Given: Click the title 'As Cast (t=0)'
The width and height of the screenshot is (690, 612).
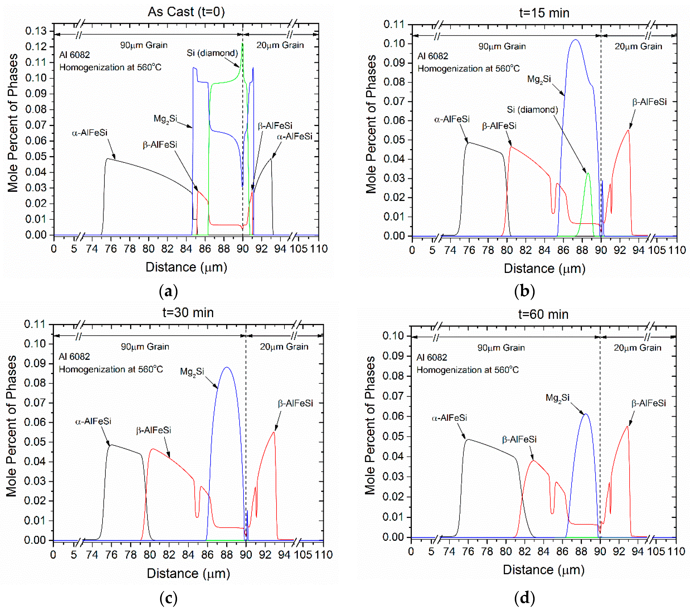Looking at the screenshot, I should pos(186,12).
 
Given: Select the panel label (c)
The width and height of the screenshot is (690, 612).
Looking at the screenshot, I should pos(168,598).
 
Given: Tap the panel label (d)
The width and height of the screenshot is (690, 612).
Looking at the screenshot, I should pos(524,598).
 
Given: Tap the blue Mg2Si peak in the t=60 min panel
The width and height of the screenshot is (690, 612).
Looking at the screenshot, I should pos(586,414).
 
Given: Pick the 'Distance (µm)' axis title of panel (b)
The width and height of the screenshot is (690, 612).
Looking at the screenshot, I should pos(544,269).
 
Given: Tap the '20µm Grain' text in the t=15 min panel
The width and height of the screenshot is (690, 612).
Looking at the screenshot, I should pos(638,47).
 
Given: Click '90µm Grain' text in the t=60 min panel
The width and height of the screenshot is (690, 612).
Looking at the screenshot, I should pos(501,348).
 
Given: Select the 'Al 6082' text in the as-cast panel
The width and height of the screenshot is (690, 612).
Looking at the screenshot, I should pos(75,55).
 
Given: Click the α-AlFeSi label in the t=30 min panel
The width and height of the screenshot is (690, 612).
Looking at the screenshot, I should pos(93,421).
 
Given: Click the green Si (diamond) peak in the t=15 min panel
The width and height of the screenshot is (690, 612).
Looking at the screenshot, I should pos(588,174).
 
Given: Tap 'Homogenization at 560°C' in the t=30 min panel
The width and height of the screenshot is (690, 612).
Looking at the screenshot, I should pos(111,369).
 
